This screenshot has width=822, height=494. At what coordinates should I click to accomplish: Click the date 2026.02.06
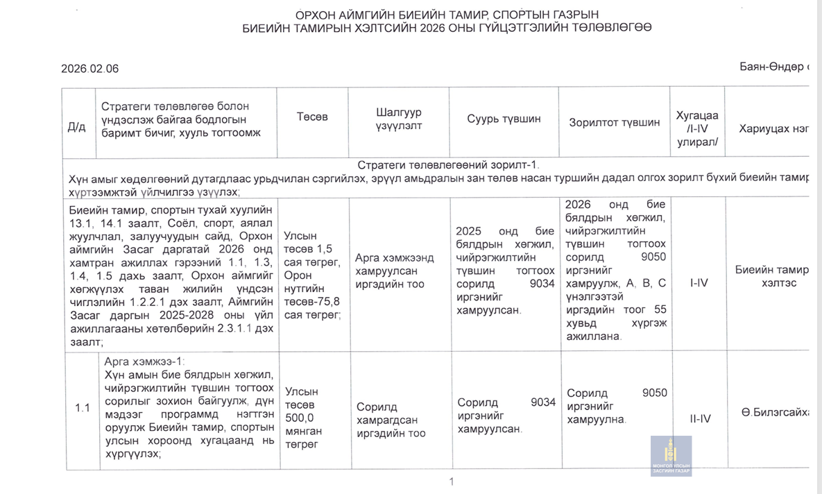(89, 69)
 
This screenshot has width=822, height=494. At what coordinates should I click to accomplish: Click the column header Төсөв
(312, 117)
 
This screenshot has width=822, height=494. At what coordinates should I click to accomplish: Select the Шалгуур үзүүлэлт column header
(398, 119)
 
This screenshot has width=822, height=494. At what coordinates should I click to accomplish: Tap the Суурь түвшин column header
(504, 119)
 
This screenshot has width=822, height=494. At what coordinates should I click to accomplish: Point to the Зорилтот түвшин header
(614, 123)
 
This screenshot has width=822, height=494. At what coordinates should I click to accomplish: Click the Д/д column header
(76, 127)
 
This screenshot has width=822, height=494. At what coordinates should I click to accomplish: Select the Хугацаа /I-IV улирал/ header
(697, 128)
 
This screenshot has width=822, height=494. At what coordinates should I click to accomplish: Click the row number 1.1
(83, 408)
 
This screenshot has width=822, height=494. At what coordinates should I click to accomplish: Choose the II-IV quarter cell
(699, 418)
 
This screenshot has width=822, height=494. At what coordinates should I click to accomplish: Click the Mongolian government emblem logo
(670, 456)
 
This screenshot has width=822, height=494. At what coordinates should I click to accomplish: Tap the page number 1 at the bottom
(451, 482)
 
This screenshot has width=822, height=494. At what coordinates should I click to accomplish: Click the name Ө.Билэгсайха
(774, 413)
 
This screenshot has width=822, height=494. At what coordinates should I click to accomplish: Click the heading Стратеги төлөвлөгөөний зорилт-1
(448, 165)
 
